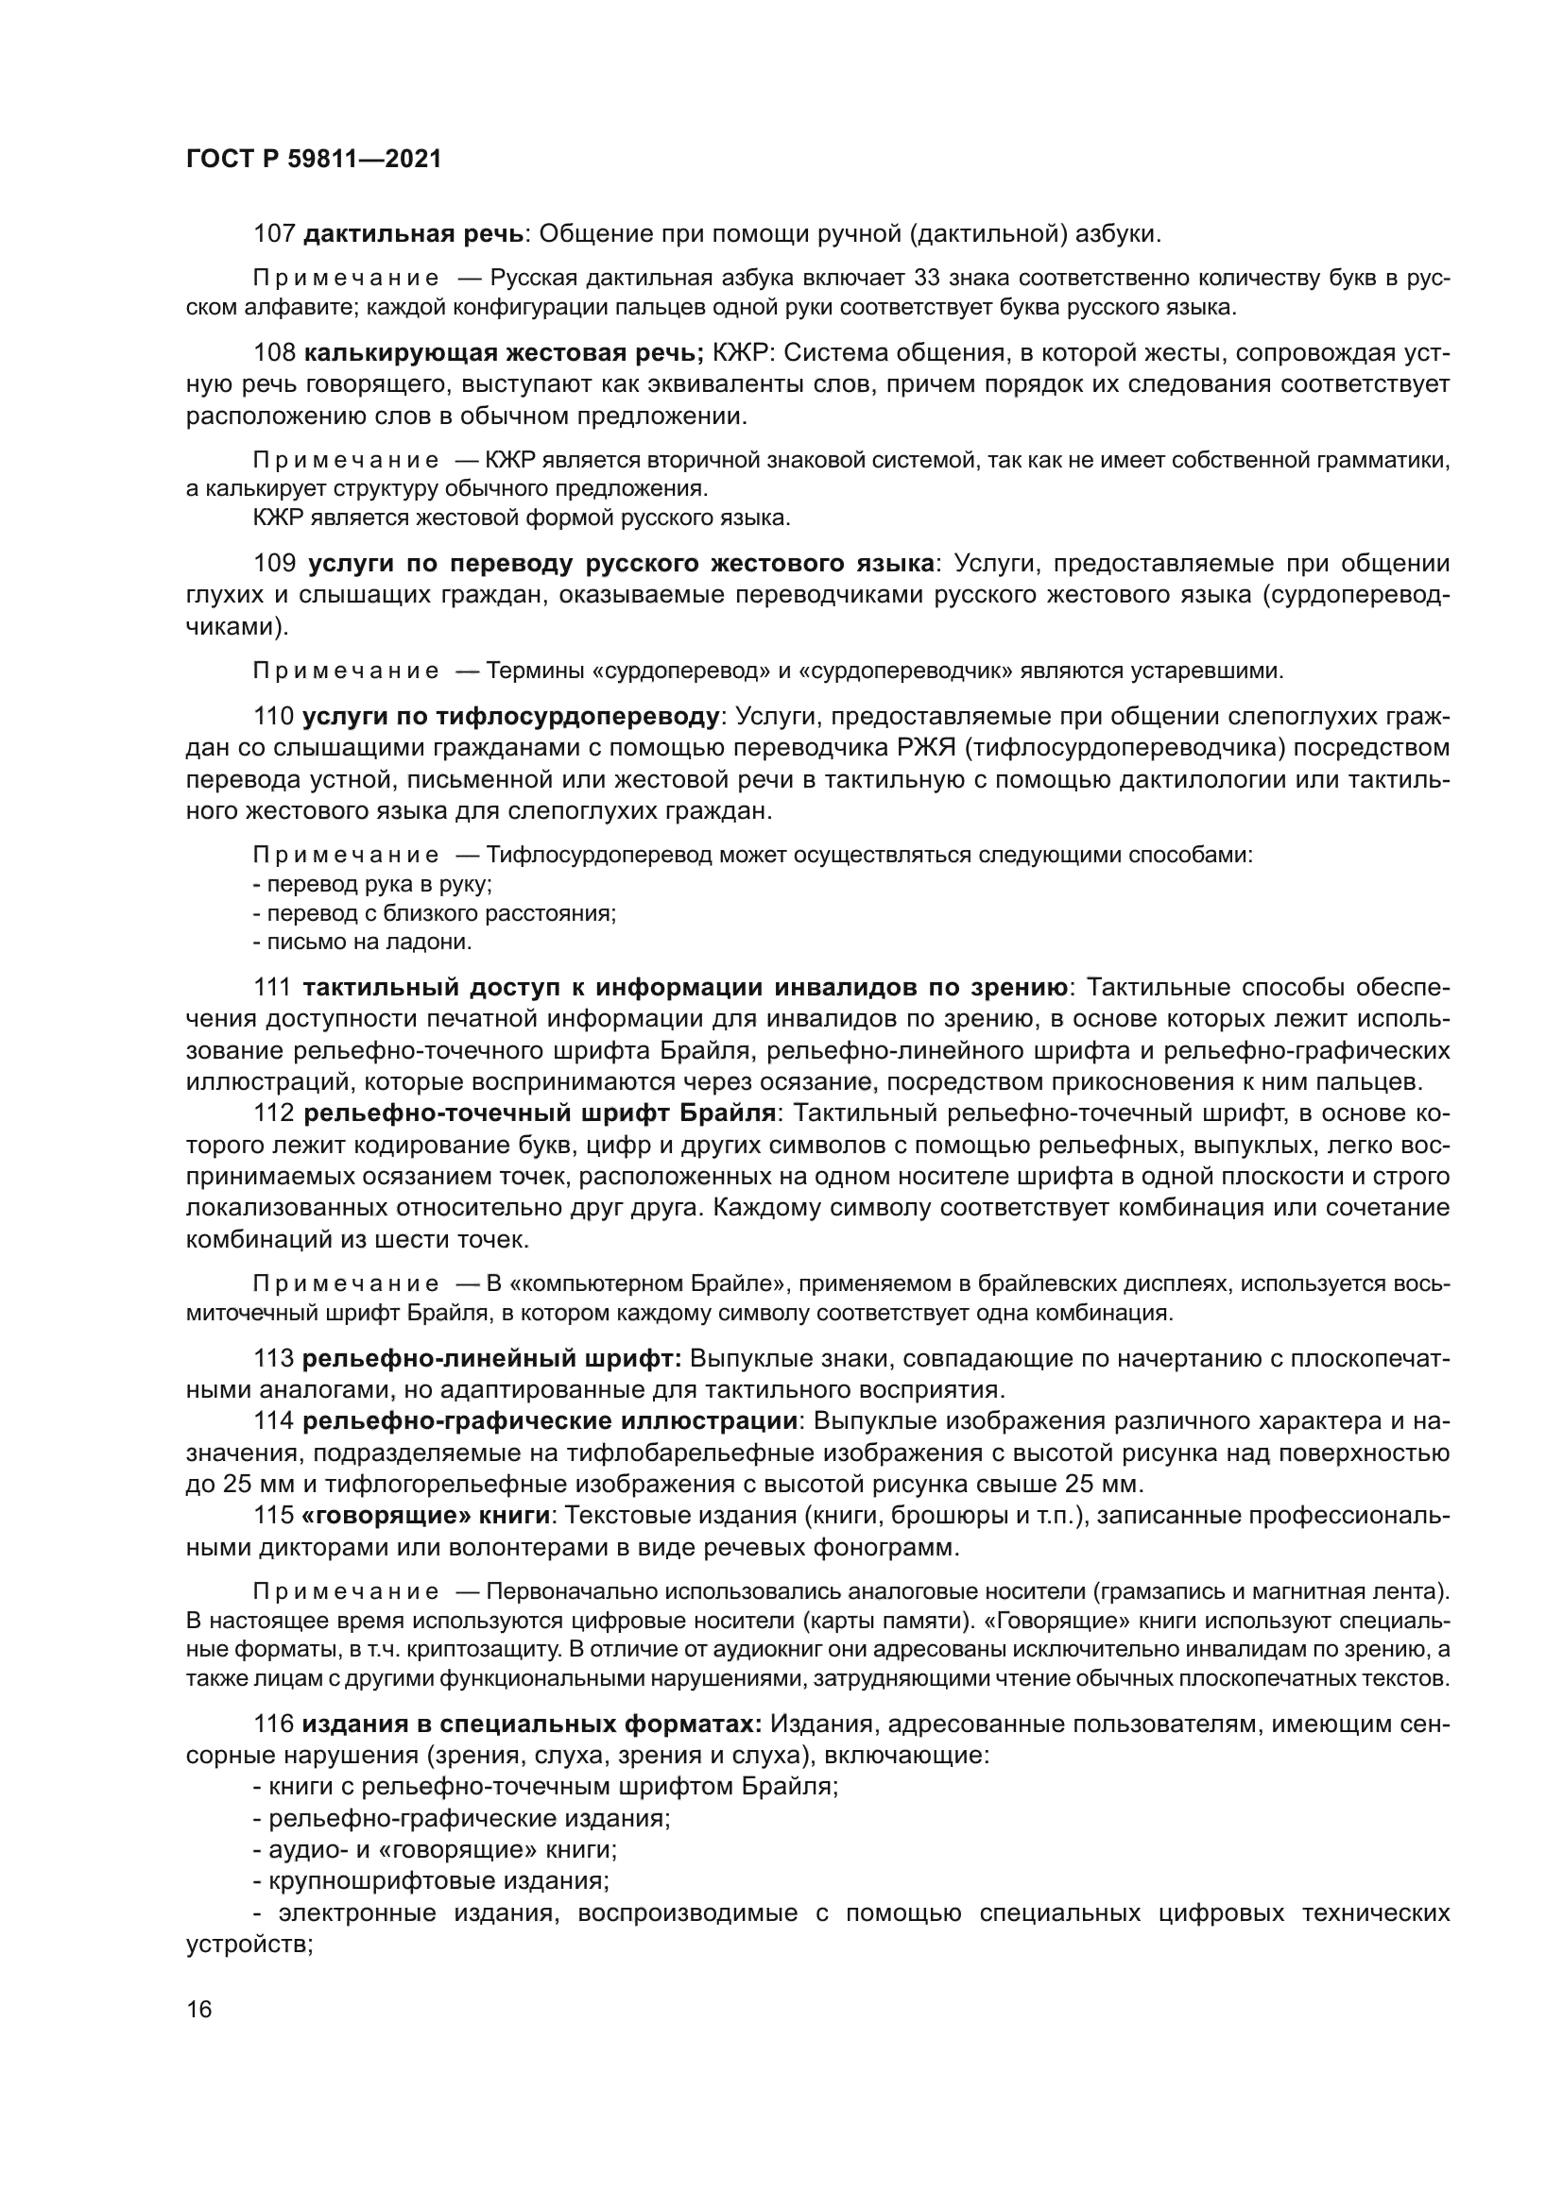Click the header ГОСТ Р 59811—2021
[x=314, y=160]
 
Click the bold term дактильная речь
[x=414, y=234]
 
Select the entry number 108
[x=274, y=353]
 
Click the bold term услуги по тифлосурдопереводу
[x=511, y=717]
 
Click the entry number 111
[x=273, y=988]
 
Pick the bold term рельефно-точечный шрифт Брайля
[x=540, y=1114]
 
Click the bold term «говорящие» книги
[x=426, y=1515]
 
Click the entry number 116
[x=274, y=1725]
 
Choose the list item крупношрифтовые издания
[x=437, y=1880]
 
